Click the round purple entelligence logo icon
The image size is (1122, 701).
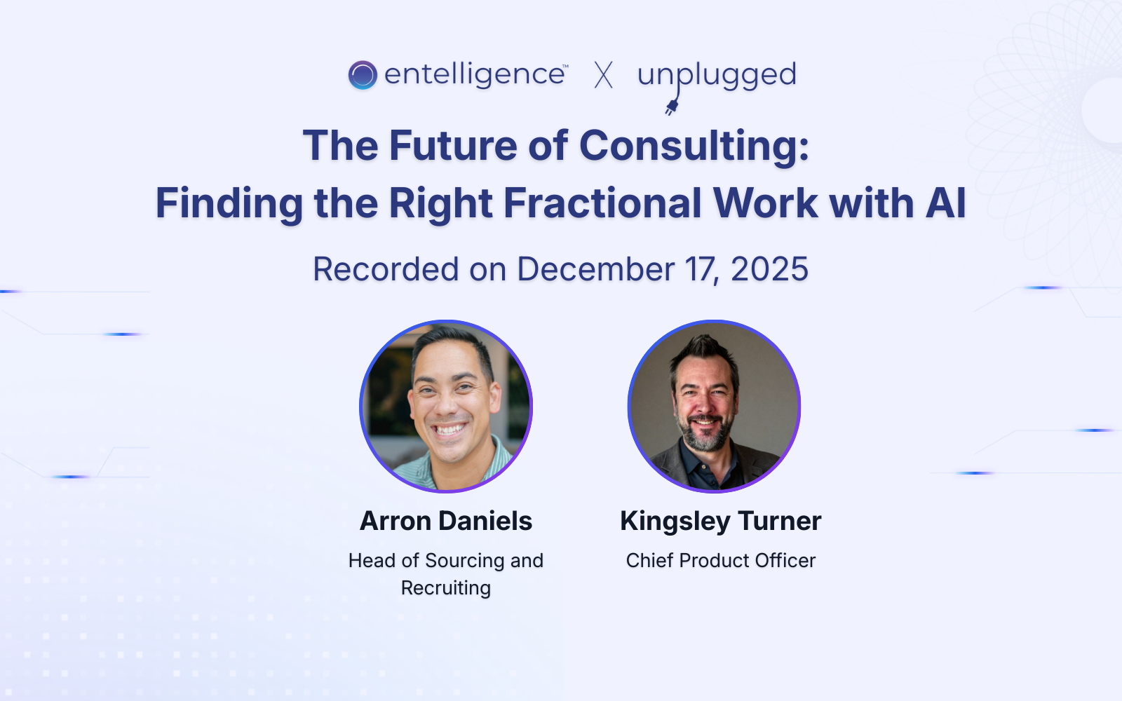tap(363, 75)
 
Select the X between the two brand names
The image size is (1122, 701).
tap(603, 75)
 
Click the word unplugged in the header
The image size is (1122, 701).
tap(717, 74)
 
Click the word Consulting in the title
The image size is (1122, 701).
tap(694, 146)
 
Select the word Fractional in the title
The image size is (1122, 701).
tap(602, 203)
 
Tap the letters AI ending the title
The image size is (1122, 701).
tap(946, 203)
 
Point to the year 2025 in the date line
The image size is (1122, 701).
tap(769, 269)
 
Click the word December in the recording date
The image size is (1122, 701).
tap(595, 269)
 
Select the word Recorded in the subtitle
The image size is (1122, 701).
tap(386, 269)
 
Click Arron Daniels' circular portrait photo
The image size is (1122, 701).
tap(446, 407)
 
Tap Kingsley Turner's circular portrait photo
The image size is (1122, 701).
tap(714, 407)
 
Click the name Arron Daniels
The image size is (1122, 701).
tap(446, 521)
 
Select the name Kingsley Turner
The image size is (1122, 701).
tap(720, 521)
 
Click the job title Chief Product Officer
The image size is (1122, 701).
tap(720, 561)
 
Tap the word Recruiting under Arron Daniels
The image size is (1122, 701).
tap(446, 588)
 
